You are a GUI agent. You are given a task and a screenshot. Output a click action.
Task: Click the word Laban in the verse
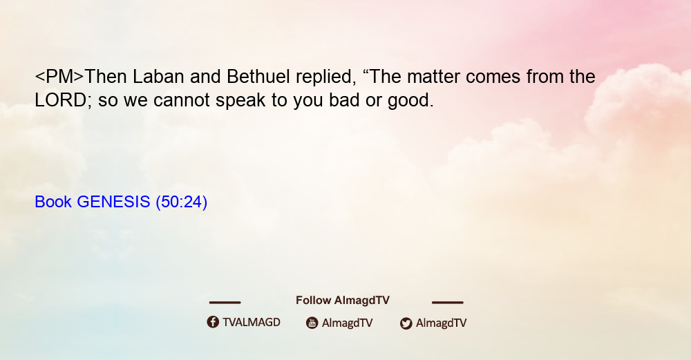(x=158, y=77)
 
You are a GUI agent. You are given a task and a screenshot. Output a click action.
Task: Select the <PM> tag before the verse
(x=59, y=77)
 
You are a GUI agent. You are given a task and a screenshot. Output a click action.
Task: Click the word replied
(x=325, y=77)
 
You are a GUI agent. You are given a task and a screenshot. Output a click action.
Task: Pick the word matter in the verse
(x=433, y=77)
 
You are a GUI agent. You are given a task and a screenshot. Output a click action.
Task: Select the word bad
(x=344, y=100)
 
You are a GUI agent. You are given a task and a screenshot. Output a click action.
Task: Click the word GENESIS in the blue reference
(x=113, y=202)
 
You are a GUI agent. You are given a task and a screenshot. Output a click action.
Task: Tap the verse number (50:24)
(x=182, y=202)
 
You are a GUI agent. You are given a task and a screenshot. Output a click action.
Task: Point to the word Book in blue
(x=53, y=202)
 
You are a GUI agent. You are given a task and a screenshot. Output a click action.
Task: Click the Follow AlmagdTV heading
(x=343, y=301)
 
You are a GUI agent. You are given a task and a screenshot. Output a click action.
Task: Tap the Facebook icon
(x=213, y=322)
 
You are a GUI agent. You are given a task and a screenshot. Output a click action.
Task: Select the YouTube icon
(x=312, y=323)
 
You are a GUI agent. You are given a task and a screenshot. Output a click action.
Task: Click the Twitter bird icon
(x=406, y=323)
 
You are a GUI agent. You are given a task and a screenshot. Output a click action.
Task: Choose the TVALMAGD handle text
(x=252, y=323)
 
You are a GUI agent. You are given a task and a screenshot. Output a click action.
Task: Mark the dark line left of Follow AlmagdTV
(x=225, y=303)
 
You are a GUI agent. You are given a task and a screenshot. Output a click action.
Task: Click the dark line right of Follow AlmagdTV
(x=447, y=303)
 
